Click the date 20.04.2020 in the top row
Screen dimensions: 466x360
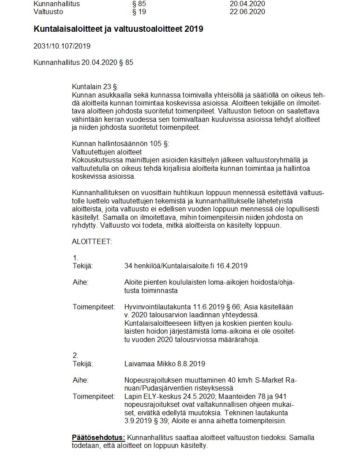pos(247,4)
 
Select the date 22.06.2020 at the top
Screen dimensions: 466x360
pos(247,12)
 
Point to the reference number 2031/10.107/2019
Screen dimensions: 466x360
pos(62,46)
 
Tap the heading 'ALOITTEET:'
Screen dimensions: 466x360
pos(92,241)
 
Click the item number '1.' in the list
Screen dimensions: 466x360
pos(75,258)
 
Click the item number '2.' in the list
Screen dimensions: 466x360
pos(75,356)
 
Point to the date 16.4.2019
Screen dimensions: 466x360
pos(232,266)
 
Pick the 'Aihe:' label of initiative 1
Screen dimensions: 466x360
pos(80,282)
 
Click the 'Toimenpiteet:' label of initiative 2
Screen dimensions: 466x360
pos(94,397)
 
